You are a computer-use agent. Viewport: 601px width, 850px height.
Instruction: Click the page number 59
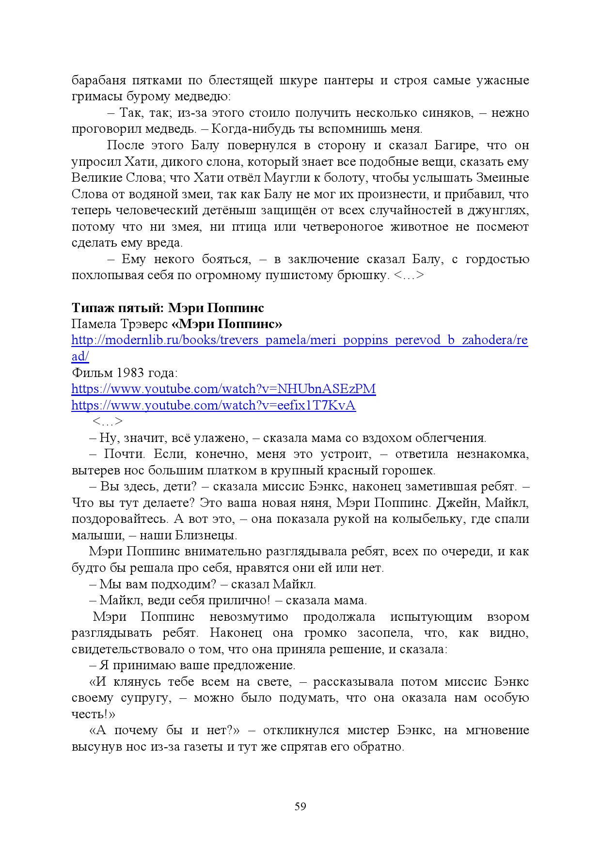pyautogui.click(x=300, y=806)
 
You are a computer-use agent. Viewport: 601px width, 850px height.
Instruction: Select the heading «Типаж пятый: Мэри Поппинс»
pyautogui.click(x=168, y=308)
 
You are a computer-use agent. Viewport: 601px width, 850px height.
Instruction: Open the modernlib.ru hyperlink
pyautogui.click(x=299, y=340)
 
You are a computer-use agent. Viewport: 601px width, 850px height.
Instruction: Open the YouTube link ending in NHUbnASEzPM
pyautogui.click(x=223, y=389)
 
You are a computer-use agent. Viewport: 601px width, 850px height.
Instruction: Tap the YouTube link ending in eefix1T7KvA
pyautogui.click(x=213, y=405)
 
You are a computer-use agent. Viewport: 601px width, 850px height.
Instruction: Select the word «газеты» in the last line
pyautogui.click(x=201, y=746)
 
